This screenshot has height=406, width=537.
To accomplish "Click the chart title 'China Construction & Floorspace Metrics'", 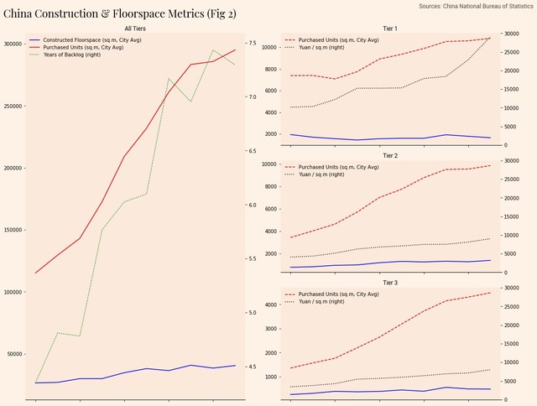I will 120,13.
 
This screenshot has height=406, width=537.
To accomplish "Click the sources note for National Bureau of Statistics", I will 475,6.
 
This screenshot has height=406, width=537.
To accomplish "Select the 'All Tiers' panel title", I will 135,29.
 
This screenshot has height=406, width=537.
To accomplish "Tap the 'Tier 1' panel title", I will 390,29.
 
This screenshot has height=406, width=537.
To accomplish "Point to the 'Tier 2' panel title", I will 390,156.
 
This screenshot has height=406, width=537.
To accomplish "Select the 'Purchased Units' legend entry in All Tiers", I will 83,48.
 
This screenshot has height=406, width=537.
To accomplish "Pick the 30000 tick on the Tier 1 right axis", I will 510,34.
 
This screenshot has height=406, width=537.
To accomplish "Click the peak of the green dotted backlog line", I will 213,50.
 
